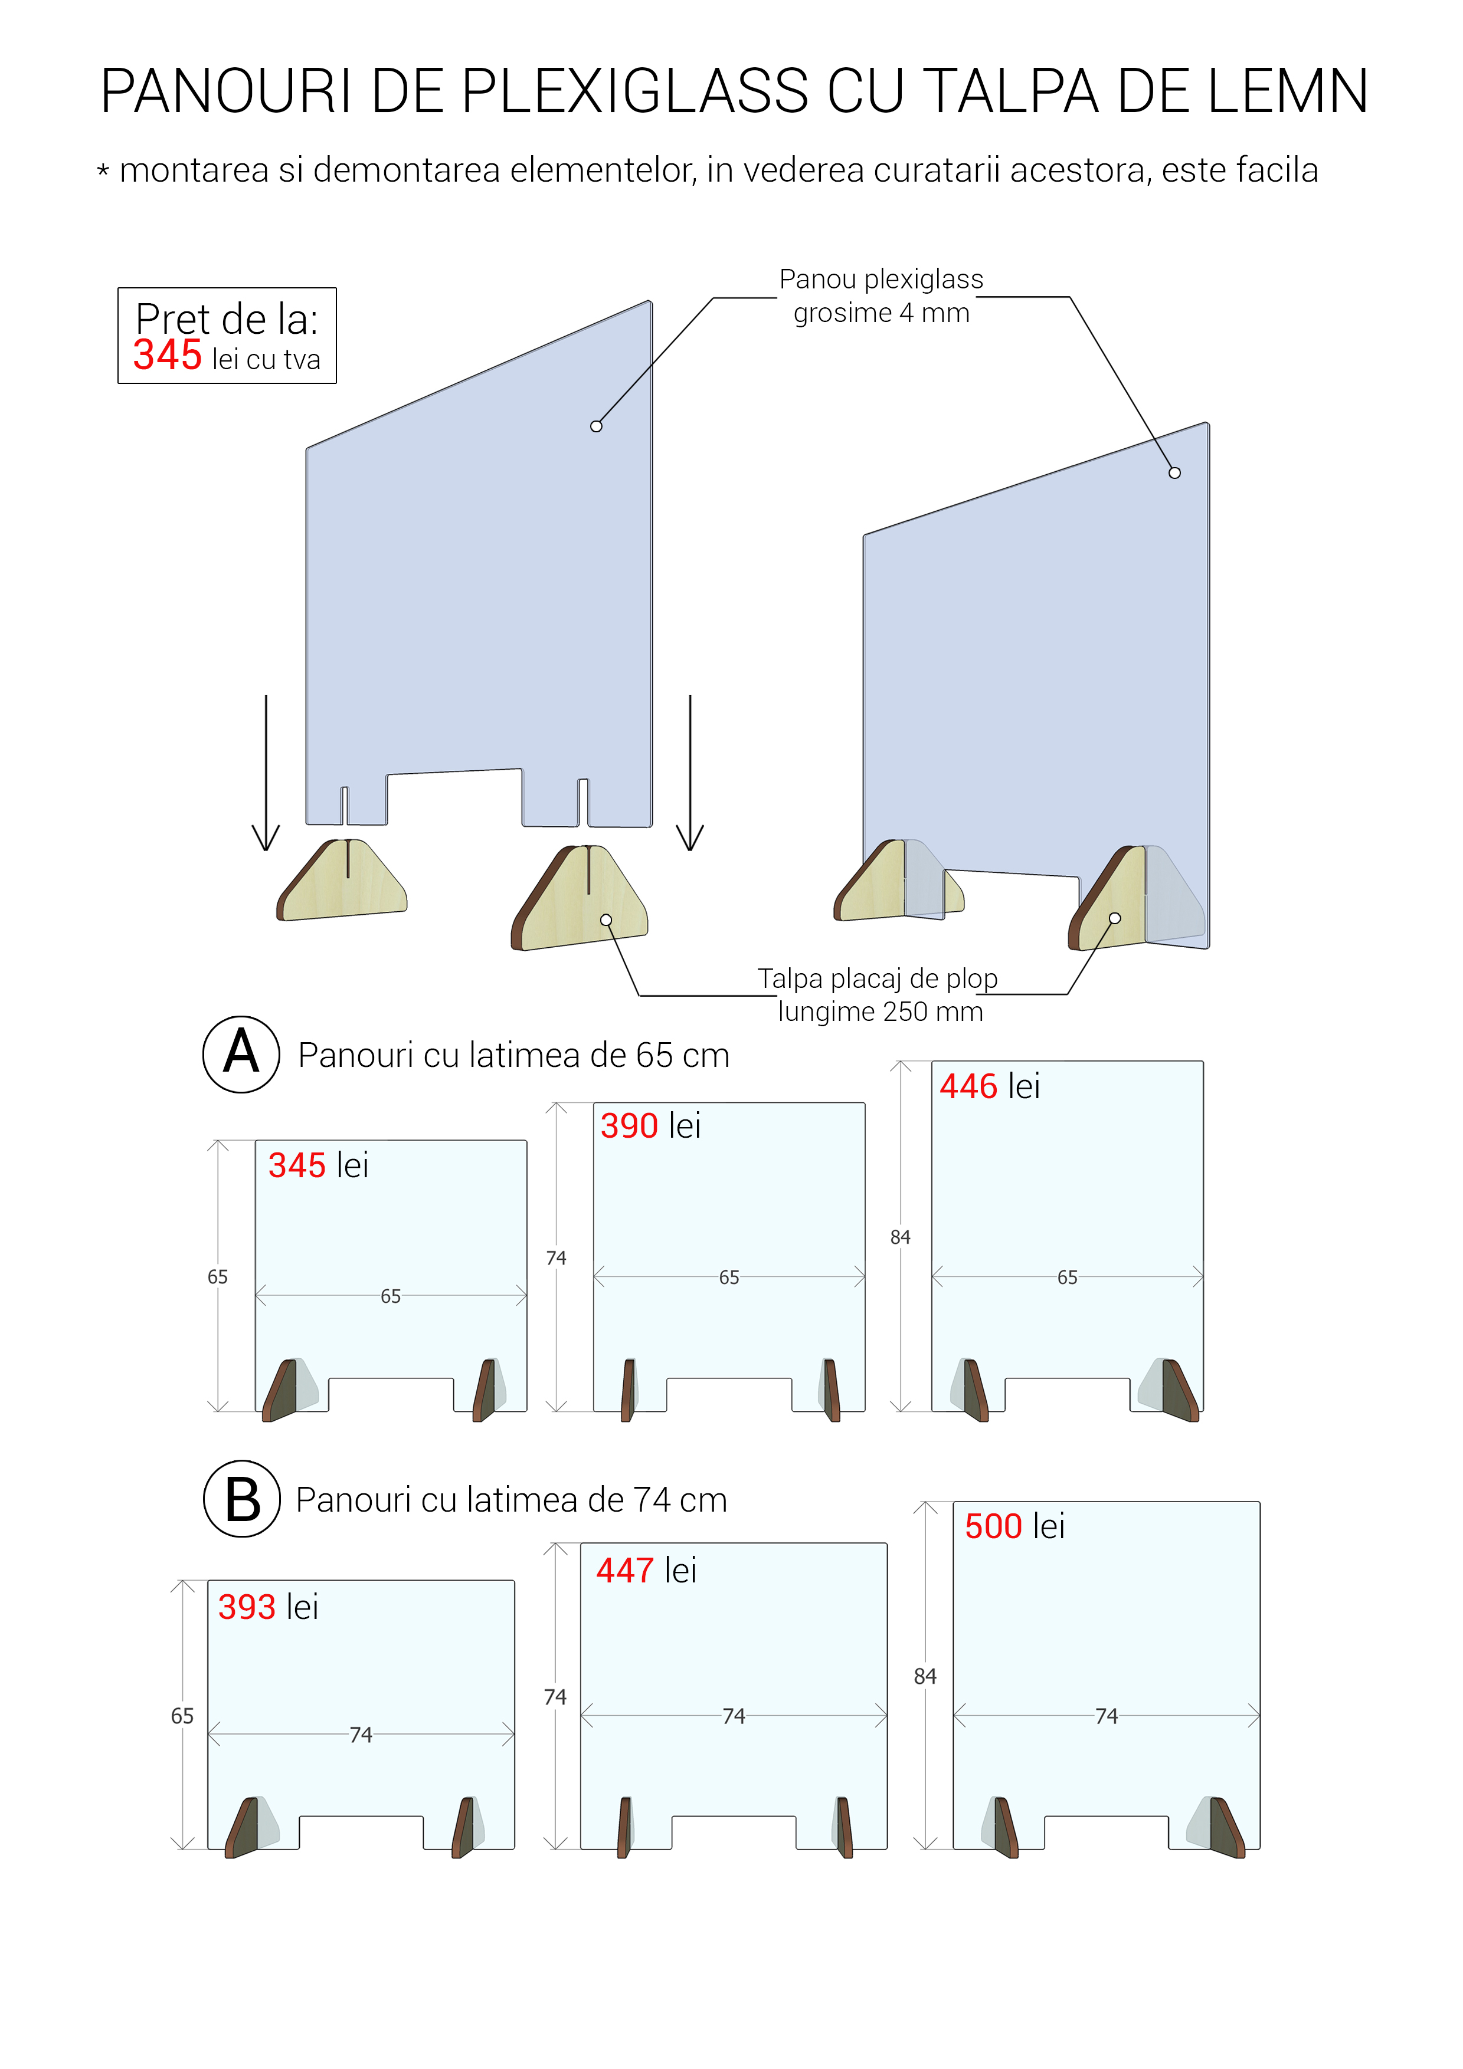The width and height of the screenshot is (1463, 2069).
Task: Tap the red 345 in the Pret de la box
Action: coord(168,355)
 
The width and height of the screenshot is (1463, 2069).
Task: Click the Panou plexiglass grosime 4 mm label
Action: coord(881,295)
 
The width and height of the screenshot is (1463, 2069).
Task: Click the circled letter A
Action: coord(241,1053)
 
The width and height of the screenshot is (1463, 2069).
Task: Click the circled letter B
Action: coord(241,1499)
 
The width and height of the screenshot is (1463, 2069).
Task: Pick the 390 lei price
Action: coord(650,1125)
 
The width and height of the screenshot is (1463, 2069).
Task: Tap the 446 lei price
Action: coord(989,1086)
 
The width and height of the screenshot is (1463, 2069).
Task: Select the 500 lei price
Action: coord(1014,1526)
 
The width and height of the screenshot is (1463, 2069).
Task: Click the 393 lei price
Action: coord(268,1607)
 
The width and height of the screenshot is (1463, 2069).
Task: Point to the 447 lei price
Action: coord(646,1571)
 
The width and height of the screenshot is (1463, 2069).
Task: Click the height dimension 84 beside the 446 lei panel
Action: coord(899,1237)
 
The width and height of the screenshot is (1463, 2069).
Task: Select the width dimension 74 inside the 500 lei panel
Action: coord(1106,1716)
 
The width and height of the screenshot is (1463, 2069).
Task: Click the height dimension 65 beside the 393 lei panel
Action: coord(182,1716)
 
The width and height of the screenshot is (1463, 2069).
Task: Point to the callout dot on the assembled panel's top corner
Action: coord(1174,472)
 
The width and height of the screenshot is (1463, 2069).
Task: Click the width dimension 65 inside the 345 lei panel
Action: coord(390,1296)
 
